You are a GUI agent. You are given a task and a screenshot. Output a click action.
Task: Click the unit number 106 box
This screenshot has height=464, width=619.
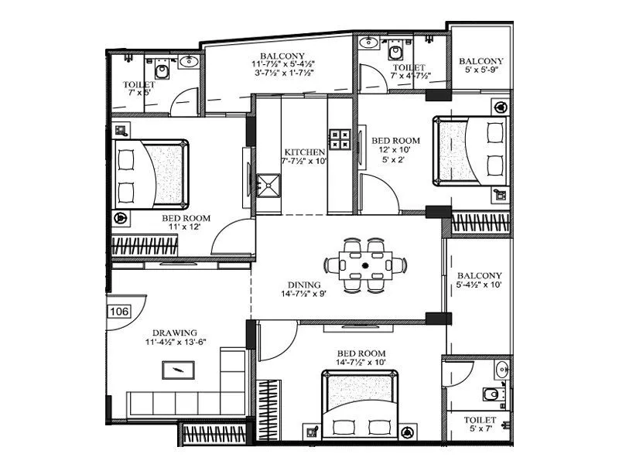[119, 312]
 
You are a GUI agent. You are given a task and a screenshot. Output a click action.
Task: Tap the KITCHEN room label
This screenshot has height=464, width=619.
[304, 152]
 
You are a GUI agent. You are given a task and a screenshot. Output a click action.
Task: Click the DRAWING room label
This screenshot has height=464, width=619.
[175, 333]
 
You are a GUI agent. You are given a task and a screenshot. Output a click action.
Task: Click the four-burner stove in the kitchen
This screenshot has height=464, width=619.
[340, 139]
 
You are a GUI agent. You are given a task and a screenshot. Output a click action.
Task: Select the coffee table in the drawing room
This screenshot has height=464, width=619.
[179, 370]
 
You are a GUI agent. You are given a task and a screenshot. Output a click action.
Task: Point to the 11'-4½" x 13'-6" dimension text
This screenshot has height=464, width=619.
[174, 343]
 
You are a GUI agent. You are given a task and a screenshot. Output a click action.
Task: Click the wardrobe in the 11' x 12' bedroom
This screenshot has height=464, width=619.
[145, 247]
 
